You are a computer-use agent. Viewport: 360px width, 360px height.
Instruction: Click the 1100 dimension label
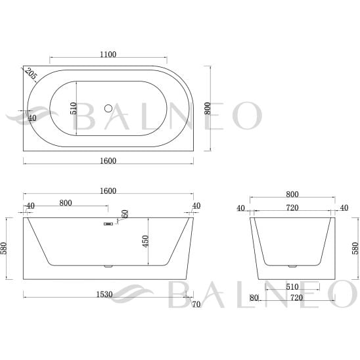click(108, 55)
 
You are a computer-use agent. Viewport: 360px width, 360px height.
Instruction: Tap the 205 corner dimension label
click(31, 74)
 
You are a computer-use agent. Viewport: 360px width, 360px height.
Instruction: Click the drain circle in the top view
click(108, 108)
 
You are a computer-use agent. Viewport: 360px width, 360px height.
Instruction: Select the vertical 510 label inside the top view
click(73, 108)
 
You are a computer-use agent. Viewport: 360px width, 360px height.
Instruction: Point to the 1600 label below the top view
click(108, 161)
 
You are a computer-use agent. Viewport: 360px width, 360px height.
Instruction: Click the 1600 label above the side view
click(108, 191)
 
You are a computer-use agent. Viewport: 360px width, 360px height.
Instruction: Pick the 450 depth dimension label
click(146, 241)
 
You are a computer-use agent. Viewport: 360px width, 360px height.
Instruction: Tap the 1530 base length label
click(104, 294)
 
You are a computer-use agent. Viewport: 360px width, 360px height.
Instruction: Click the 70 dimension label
click(196, 304)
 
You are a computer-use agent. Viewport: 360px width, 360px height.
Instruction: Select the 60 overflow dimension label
click(125, 214)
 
